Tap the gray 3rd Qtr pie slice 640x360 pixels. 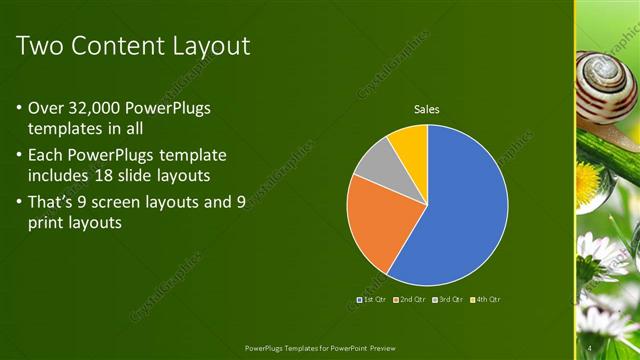tap(372, 162)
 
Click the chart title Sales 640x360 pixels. tap(427, 109)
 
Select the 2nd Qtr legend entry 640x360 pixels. tap(411, 299)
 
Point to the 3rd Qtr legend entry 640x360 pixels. tap(449, 299)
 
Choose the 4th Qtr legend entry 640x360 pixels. tap(487, 299)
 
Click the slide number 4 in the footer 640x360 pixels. tap(591, 347)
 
